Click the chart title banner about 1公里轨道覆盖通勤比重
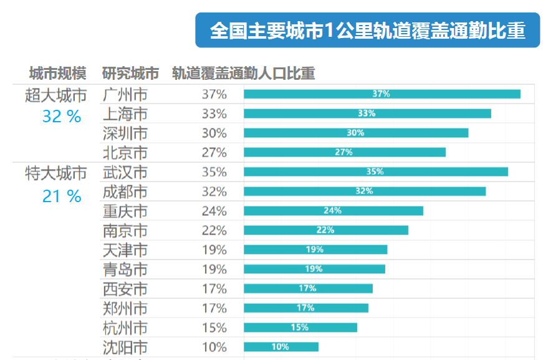(x=367, y=31)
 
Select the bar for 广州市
(x=382, y=94)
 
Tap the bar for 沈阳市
(x=281, y=347)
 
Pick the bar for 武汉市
(x=375, y=172)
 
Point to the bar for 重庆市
(x=333, y=211)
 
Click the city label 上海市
(x=125, y=114)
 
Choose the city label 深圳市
(x=125, y=134)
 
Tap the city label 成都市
(x=125, y=192)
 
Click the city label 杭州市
(x=125, y=328)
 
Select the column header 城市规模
(x=57, y=74)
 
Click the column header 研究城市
(x=130, y=74)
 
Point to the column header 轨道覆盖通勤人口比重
(x=243, y=74)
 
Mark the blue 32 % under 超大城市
(x=62, y=116)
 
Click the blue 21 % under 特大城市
(x=62, y=197)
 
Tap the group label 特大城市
(x=56, y=173)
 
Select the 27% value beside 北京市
(x=214, y=153)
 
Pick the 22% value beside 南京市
(x=214, y=230)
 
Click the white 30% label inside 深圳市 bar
(x=355, y=133)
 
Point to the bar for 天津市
(x=315, y=250)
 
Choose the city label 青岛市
(x=125, y=270)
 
